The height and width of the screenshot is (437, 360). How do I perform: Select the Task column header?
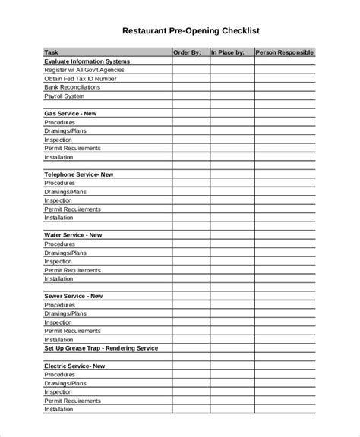(52, 52)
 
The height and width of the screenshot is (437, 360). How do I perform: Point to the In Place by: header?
(227, 52)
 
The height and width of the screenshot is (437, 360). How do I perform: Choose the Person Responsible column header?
(283, 52)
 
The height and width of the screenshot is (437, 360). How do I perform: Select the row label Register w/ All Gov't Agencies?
(84, 70)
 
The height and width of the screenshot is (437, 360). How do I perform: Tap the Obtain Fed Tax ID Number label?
(81, 78)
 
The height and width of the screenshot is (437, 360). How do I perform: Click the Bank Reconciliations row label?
(71, 87)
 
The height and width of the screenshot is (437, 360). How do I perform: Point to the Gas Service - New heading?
(70, 113)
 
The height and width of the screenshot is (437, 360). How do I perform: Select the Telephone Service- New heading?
(78, 174)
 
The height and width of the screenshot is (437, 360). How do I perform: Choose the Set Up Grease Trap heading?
(100, 348)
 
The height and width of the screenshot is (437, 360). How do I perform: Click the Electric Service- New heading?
(74, 366)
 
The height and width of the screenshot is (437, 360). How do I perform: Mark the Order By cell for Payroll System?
(191, 96)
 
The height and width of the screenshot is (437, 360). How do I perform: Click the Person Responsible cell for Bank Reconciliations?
(283, 87)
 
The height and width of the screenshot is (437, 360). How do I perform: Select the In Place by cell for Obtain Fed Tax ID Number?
(231, 78)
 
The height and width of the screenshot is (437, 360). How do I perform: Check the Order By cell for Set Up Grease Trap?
(191, 348)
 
